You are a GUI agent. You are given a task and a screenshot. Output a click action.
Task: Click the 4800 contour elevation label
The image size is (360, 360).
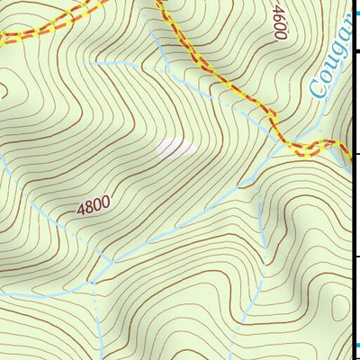[x=94, y=206]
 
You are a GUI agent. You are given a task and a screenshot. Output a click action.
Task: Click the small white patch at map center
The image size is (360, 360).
[x=175, y=148]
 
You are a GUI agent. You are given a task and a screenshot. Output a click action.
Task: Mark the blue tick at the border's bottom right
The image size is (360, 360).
[x=355, y=345]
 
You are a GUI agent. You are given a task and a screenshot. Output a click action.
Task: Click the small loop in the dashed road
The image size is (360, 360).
[x=310, y=147]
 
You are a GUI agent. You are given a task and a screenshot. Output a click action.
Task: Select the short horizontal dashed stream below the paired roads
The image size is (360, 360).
[x=117, y=64]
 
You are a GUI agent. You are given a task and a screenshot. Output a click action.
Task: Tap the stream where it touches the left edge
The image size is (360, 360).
[x=3, y=157]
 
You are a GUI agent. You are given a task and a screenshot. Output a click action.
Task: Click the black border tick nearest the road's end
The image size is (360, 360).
[x=355, y=154]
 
